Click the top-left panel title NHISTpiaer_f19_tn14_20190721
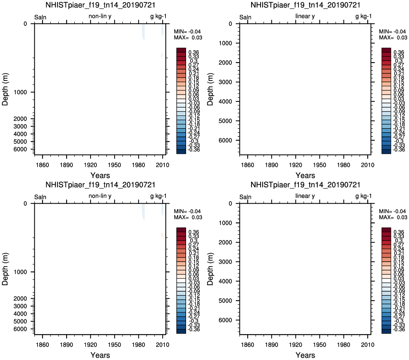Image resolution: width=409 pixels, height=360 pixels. click(x=100, y=5)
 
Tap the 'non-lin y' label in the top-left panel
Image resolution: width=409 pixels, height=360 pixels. click(x=100, y=16)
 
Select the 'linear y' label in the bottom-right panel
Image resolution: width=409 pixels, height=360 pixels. click(x=305, y=196)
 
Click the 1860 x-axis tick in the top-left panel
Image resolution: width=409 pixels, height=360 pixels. click(x=42, y=165)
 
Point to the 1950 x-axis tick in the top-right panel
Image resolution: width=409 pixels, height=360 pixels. click(x=319, y=165)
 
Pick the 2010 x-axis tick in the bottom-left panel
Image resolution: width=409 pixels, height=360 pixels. click(x=163, y=344)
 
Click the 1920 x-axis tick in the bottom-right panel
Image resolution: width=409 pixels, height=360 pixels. click(x=296, y=344)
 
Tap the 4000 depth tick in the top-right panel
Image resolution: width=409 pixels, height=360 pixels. click(x=225, y=101)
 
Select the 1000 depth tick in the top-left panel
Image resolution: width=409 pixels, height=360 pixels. click(x=20, y=92)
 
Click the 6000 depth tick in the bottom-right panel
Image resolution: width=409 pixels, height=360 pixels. click(x=225, y=320)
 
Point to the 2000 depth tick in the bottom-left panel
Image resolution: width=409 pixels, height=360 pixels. click(x=20, y=299)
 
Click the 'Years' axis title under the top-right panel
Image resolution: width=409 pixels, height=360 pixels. click(x=305, y=175)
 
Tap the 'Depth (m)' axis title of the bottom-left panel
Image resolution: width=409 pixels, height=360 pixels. click(x=5, y=269)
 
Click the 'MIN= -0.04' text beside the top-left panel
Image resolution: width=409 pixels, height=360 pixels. click(x=187, y=31)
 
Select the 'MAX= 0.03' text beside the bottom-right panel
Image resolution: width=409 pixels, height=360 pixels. click(x=393, y=217)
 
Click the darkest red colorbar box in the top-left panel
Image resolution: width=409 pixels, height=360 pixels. click(x=181, y=50)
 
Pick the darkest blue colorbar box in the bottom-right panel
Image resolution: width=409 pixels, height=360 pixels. click(x=386, y=331)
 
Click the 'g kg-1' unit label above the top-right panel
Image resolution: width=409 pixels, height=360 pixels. click(x=363, y=16)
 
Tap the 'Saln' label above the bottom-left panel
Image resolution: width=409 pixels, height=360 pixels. click(x=40, y=197)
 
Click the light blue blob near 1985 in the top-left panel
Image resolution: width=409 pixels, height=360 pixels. click(x=143, y=32)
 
